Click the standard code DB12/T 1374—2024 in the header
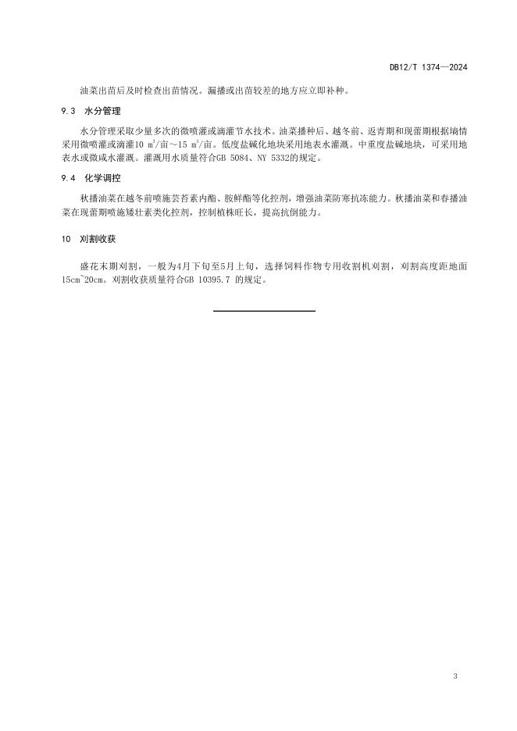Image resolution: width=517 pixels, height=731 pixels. (428, 68)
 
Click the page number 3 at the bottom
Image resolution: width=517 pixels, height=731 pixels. (454, 676)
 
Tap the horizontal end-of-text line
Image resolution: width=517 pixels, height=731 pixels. (264, 311)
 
